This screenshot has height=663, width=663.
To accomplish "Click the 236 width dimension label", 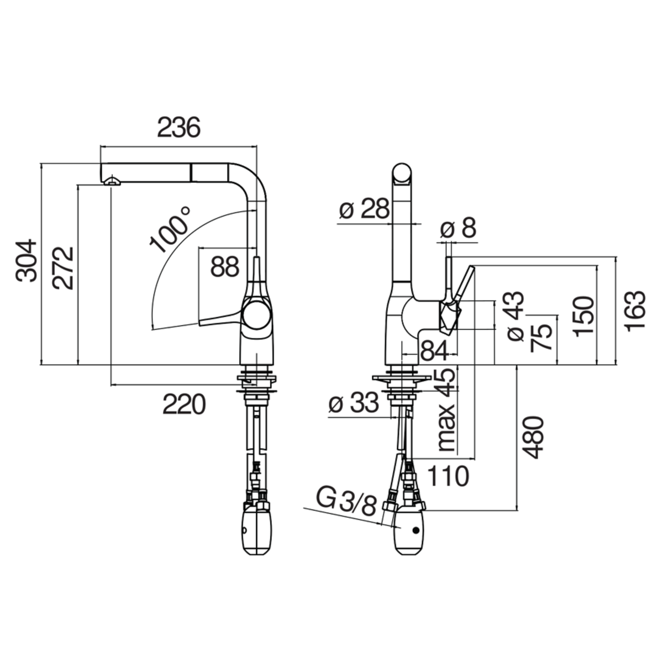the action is click(x=178, y=128).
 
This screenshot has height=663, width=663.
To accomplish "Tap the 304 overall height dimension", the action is click(x=26, y=260).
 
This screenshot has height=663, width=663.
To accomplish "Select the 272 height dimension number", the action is click(x=63, y=269).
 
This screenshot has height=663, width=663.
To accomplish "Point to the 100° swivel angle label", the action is click(x=170, y=229).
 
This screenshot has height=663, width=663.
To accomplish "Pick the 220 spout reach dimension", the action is click(x=184, y=404).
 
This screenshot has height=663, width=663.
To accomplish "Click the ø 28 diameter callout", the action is click(x=364, y=209).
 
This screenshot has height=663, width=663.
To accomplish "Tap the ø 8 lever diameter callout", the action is click(x=458, y=228).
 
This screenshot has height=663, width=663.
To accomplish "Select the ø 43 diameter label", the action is click(x=516, y=316).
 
